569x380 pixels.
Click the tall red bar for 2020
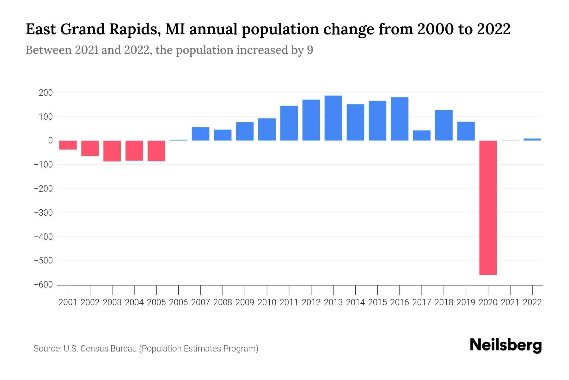tap(488, 207)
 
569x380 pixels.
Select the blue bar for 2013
tap(333, 118)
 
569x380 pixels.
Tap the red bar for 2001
tap(68, 145)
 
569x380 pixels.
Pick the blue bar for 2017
tap(422, 135)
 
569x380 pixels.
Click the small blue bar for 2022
tap(532, 139)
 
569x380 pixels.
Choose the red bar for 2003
tap(112, 151)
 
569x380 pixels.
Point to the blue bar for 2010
tap(267, 129)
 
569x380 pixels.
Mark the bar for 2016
tap(400, 119)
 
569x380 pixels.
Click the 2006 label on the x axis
tap(178, 302)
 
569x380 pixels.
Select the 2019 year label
tap(466, 302)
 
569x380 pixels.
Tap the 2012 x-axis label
tap(311, 302)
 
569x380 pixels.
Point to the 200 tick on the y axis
tap(46, 93)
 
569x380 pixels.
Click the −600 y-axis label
tap(43, 285)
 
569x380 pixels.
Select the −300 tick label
tap(43, 212)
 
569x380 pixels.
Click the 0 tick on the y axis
tap(50, 141)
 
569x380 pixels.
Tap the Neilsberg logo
tap(506, 345)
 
